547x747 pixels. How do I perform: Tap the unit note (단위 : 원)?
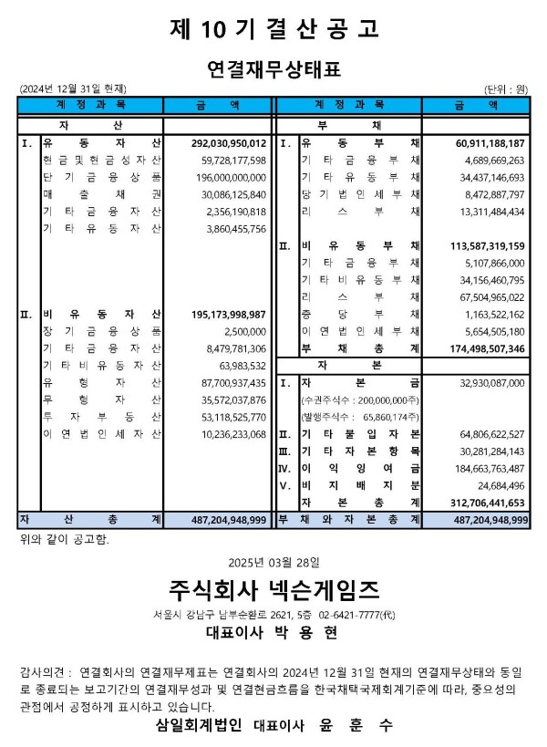tap(506, 88)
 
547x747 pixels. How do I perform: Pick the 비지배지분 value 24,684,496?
tap(499, 485)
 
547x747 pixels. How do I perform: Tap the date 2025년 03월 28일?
tap(273, 556)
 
